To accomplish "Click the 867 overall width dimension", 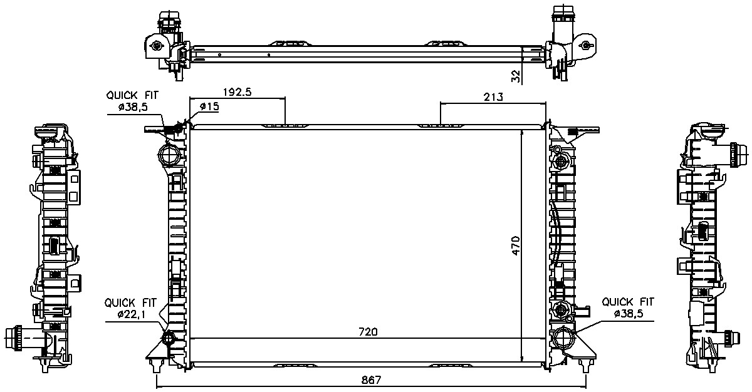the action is pos(371,380).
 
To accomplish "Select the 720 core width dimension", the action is pos(368,332).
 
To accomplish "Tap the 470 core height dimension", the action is pos(515,245).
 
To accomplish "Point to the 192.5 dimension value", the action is pos(238,92).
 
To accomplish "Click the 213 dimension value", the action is pos(493,97).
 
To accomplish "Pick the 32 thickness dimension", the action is pos(516,76).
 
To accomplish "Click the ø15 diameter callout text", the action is pos(209,106).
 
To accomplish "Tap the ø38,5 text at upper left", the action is pos(133,107).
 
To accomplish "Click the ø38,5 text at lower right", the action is pos(628,314).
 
